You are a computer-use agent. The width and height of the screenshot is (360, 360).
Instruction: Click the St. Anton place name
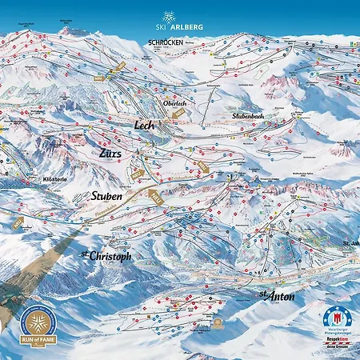(276, 296)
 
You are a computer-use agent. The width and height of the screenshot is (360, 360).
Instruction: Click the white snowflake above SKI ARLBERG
(167, 17)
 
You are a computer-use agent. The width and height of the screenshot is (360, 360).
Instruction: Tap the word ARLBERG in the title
(187, 28)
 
